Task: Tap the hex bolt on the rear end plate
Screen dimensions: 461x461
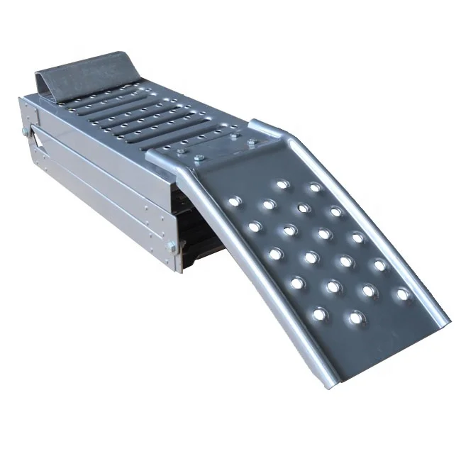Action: [26, 131]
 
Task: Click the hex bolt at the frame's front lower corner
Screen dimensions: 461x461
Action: [171, 246]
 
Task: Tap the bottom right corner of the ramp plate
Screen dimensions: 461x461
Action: [448, 317]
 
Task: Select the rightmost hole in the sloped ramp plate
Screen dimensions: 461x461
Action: [402, 294]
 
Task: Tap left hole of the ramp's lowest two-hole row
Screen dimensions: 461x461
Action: [320, 313]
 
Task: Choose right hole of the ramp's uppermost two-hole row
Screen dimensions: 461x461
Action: [314, 187]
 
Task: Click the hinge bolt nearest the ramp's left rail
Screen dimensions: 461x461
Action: [200, 157]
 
